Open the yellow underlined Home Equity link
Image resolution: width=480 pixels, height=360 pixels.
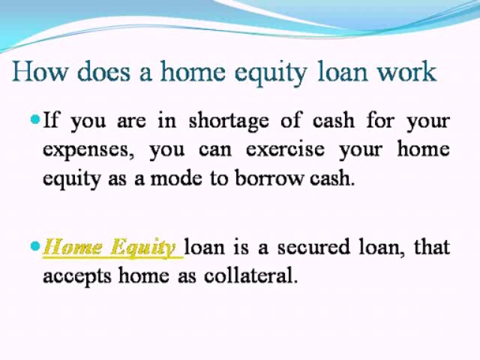tap(110, 247)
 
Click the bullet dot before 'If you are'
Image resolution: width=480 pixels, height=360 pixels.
tap(35, 119)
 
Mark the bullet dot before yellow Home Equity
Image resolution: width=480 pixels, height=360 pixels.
tap(35, 246)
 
